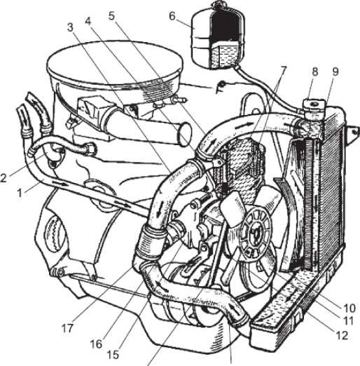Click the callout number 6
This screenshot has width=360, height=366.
tap(172, 16)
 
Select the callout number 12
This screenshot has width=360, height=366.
tap(341, 335)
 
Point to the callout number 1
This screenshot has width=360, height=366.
tap(20, 194)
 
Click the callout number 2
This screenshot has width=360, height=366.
tap(4, 178)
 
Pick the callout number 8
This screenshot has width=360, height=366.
tap(315, 72)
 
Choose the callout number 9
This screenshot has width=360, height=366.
tap(335, 72)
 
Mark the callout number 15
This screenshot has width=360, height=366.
tap(113, 355)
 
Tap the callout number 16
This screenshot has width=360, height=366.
tap(97, 344)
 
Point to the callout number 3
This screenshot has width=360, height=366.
tap(70, 27)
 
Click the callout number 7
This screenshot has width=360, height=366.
tap(283, 70)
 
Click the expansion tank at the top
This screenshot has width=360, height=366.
tap(218, 36)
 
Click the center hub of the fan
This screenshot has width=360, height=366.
tap(256, 233)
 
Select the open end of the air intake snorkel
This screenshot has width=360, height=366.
tap(185, 134)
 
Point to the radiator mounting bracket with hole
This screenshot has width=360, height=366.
tap(352, 134)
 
